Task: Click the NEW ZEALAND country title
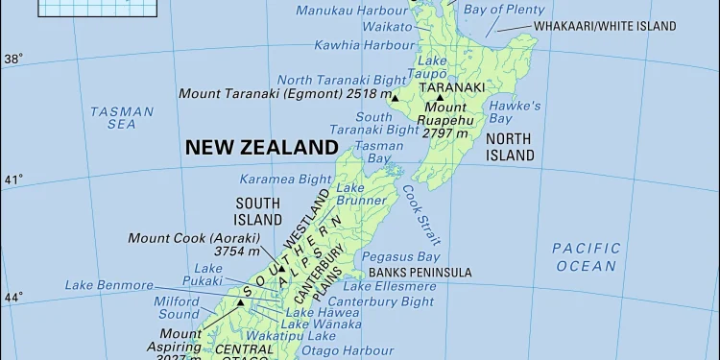(261, 148)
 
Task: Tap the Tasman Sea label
(122, 118)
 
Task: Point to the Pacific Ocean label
(586, 256)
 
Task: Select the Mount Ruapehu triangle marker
(440, 97)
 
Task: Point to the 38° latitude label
(12, 59)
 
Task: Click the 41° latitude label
(12, 180)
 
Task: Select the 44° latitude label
(12, 298)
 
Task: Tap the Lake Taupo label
(432, 68)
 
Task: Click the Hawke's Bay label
(515, 112)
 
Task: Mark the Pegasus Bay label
(401, 257)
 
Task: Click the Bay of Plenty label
(503, 10)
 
